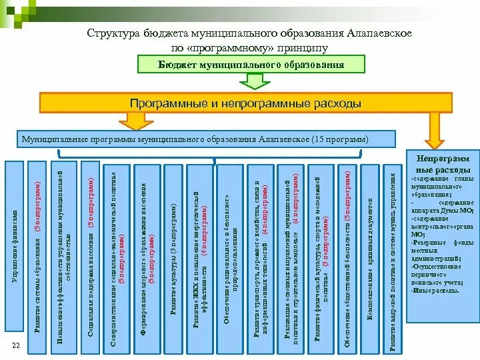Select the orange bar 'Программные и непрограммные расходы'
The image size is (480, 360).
coord(245,103)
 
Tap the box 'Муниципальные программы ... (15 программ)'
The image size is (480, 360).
coord(195,141)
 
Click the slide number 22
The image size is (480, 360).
coord(16,344)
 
